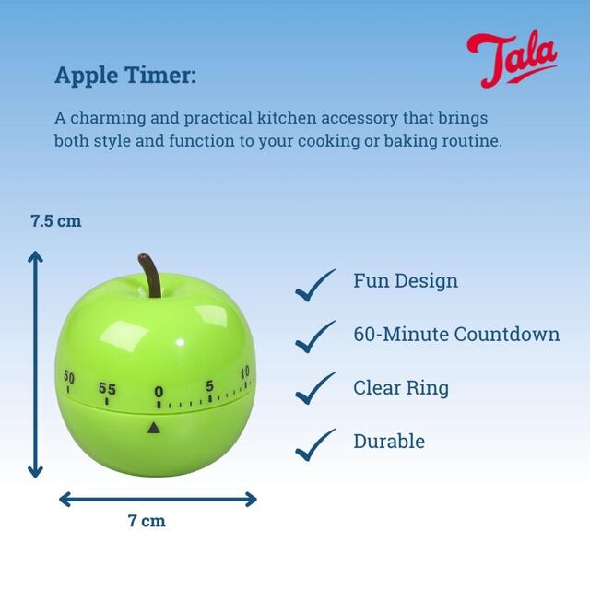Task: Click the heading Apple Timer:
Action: [125, 75]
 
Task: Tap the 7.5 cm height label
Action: [55, 221]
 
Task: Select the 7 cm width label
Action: [147, 521]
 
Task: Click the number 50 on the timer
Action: [69, 376]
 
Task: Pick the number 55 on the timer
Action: [108, 388]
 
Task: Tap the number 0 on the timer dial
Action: [159, 393]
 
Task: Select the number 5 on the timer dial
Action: [210, 385]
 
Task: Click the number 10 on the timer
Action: [244, 372]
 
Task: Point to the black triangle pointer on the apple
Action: [153, 427]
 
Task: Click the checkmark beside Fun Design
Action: [315, 284]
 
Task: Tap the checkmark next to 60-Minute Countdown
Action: [315, 336]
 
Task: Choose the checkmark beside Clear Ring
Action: [315, 389]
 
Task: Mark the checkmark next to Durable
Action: [315, 443]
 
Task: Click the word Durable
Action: [389, 442]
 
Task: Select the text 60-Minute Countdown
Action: [456, 334]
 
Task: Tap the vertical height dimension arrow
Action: [35, 364]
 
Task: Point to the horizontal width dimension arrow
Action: [158, 499]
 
